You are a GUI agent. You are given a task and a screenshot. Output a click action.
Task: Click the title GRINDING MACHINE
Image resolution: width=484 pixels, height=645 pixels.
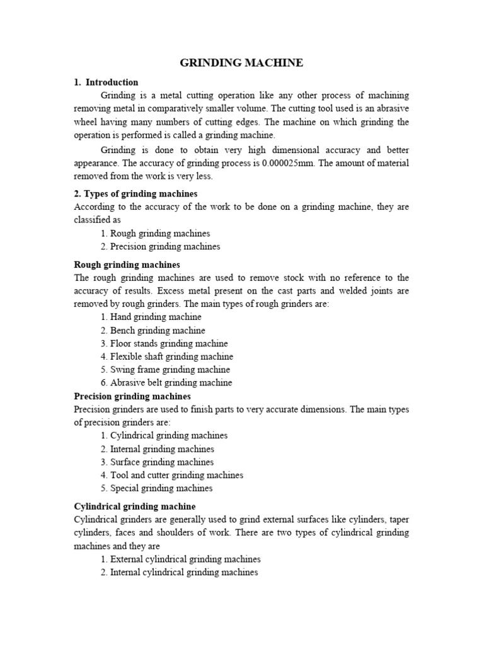(241, 62)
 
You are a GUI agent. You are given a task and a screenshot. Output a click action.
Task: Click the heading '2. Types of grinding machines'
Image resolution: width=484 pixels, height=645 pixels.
(135, 193)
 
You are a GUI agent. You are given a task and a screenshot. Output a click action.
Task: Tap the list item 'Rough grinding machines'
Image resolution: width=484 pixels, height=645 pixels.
(155, 233)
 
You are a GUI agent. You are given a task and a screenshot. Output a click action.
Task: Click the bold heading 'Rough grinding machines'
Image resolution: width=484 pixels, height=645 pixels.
(127, 265)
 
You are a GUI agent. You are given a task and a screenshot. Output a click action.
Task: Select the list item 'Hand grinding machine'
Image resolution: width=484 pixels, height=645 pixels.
(151, 317)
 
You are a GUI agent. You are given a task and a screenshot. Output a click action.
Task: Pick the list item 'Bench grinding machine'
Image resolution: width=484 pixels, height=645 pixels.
(153, 330)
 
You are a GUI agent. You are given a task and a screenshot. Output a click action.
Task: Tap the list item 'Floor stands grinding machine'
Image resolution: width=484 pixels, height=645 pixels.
(164, 343)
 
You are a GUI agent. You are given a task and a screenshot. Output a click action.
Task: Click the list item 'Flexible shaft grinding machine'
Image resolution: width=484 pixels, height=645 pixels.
(166, 357)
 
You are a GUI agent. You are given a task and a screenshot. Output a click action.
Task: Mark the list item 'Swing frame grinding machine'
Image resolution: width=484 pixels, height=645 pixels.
(164, 370)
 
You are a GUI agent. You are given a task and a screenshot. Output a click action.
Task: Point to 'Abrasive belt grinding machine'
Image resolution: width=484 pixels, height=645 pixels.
(166, 383)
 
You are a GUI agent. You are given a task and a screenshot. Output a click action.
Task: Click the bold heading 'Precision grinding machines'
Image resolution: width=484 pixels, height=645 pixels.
(132, 396)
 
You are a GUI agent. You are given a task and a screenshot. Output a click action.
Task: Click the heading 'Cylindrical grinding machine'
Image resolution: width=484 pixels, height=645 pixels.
(134, 506)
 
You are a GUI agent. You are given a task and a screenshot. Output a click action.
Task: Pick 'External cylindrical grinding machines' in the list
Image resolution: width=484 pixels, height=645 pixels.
(180, 559)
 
